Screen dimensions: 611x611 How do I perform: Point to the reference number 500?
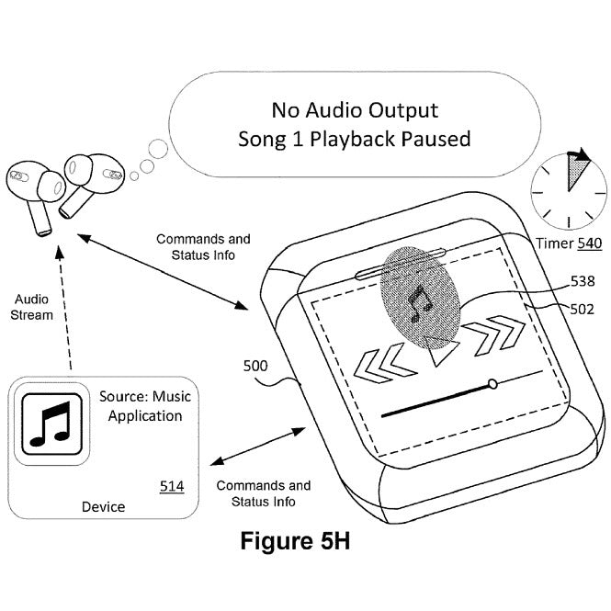[255, 366]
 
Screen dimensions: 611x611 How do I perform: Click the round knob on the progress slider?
[493, 383]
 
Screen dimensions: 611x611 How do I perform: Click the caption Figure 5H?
[295, 540]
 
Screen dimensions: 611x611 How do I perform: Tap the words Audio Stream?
[33, 307]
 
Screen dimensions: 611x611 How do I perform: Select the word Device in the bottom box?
[104, 506]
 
